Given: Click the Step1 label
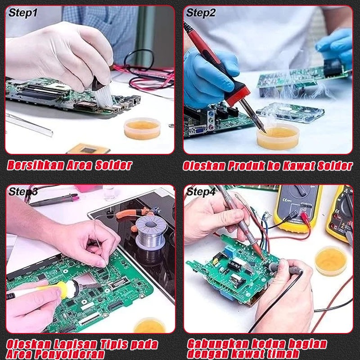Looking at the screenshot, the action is [22, 13].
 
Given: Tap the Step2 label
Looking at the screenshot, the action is [201, 13].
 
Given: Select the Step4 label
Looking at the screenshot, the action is [201, 192].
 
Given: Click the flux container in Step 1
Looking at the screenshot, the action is [142, 129].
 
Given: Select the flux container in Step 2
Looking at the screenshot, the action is [278, 137].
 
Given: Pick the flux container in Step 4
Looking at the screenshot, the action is [331, 261].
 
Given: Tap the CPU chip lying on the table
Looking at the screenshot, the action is [88, 149].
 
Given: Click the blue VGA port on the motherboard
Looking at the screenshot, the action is [199, 130].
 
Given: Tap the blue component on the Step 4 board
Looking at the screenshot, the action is [229, 251].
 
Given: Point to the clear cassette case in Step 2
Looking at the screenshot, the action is [290, 112].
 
